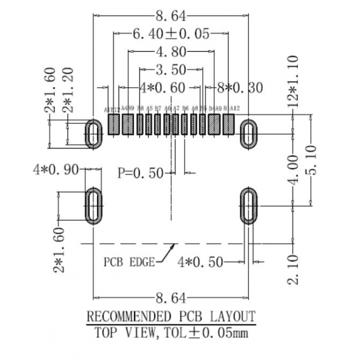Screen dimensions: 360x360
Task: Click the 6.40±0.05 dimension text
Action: coord(171,34)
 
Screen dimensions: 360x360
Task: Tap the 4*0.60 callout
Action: coord(163,88)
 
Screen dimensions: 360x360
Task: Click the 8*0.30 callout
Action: coord(239,88)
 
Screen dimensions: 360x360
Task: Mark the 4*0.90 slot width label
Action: coord(56,170)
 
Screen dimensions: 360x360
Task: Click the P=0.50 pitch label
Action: coord(140,172)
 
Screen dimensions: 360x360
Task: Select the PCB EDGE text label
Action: coord(129,262)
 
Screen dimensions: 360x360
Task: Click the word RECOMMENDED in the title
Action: coord(127,317)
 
